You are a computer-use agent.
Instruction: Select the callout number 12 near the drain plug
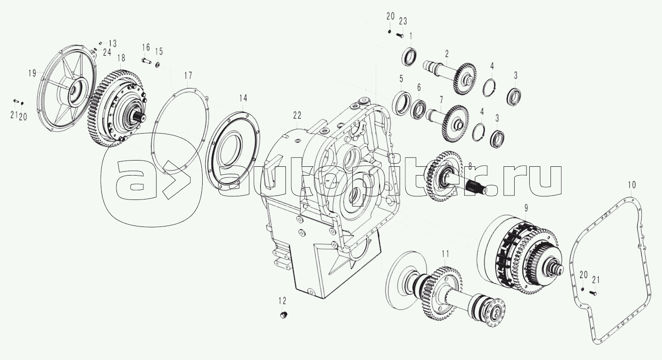282,301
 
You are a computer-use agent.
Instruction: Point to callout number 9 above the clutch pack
526,207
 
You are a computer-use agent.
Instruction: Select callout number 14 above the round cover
243,97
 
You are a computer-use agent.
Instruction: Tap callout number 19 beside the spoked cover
32,73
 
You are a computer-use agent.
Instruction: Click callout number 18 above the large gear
121,58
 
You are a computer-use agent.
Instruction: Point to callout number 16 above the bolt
146,47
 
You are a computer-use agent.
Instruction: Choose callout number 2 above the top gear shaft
447,54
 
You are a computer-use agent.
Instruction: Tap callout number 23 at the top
403,21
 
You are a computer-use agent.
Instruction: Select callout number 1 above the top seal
411,35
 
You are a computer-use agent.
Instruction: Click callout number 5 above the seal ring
401,79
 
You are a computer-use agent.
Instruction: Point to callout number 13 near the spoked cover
112,43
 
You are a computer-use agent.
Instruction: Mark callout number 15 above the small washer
159,51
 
